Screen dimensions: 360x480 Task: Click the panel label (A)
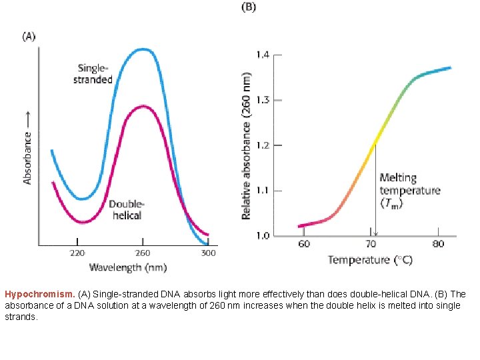click(x=29, y=37)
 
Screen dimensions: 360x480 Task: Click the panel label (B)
click(x=247, y=7)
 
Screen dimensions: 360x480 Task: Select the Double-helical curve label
click(x=126, y=209)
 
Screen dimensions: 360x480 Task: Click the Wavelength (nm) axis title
click(x=128, y=267)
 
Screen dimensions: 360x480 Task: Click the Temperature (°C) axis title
click(x=370, y=259)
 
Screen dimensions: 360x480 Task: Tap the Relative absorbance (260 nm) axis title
click(x=246, y=137)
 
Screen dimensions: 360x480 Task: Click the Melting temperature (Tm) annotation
click(x=409, y=191)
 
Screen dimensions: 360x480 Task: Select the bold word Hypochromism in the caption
click(x=39, y=294)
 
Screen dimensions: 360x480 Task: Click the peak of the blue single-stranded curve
click(x=143, y=49)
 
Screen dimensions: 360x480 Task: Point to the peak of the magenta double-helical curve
click(x=143, y=106)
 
